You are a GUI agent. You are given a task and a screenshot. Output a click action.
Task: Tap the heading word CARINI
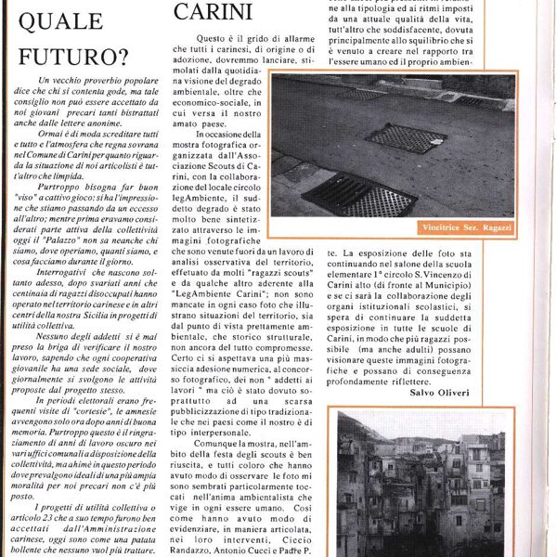point(214,11)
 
